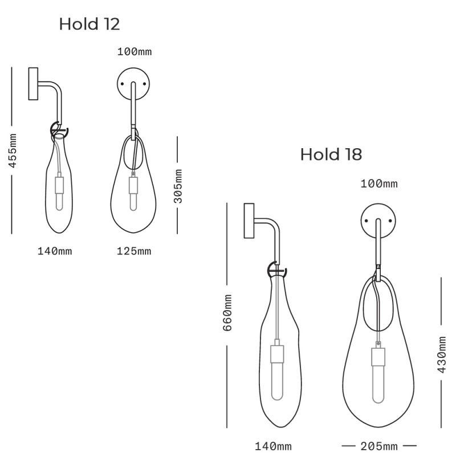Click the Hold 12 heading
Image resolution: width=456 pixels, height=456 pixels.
point(89,24)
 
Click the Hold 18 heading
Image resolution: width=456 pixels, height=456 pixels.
point(331,154)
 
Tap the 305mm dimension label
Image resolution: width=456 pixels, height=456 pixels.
point(178,186)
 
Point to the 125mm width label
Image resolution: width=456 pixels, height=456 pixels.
point(134,251)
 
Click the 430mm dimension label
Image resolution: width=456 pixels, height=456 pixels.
point(442,354)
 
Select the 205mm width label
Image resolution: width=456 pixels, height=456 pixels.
point(379,446)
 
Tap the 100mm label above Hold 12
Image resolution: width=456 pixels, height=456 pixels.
point(134,52)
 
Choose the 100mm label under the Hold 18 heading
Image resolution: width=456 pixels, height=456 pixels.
point(379,184)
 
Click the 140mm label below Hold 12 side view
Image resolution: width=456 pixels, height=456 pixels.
point(55,251)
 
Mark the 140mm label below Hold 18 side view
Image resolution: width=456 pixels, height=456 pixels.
point(274,446)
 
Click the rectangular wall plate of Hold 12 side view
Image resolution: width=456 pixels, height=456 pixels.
point(33,84)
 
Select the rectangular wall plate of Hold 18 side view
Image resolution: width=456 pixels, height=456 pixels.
point(249,221)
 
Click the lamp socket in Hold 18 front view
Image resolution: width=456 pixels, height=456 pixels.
point(378,356)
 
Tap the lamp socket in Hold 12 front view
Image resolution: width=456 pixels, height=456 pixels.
point(133,185)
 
